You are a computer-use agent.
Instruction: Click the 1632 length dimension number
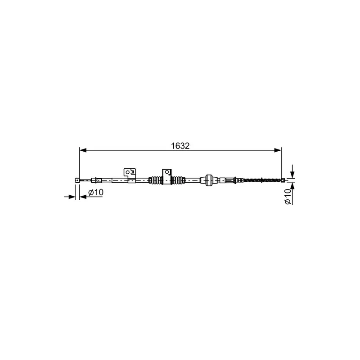[x=180, y=146]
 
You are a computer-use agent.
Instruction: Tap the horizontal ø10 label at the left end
[x=96, y=192]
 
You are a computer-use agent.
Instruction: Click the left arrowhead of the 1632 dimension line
[x=83, y=150]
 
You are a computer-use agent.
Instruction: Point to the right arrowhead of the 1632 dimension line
[x=278, y=150]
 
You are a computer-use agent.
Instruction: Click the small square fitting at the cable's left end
[x=77, y=180]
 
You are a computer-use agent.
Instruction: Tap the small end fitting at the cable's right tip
[x=283, y=180]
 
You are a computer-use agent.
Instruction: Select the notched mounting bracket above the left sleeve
[x=130, y=173]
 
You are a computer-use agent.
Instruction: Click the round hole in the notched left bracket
[x=127, y=172]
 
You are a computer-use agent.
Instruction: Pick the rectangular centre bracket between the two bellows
[x=166, y=176]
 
